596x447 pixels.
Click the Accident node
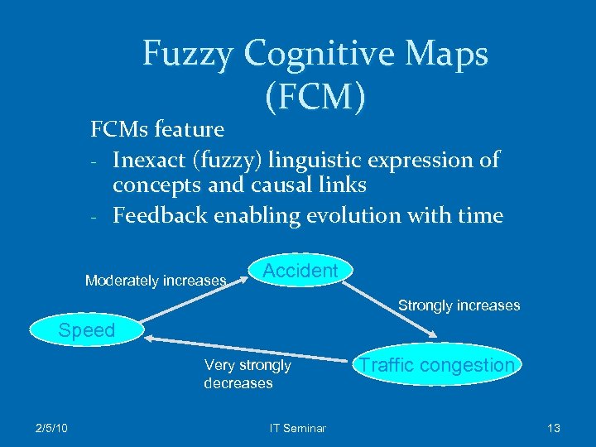pyautogui.click(x=300, y=271)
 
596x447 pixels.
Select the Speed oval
pyautogui.click(x=86, y=331)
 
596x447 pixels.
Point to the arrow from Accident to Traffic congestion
pyautogui.click(x=390, y=305)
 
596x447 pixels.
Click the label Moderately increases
pyautogui.click(x=156, y=281)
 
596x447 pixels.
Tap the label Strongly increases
pyautogui.click(x=459, y=305)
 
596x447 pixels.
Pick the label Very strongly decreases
pyautogui.click(x=247, y=374)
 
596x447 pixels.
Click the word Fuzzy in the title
pyautogui.click(x=188, y=54)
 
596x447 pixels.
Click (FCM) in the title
pyautogui.click(x=315, y=97)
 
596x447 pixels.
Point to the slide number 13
pyautogui.click(x=554, y=428)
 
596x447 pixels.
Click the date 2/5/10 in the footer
pyautogui.click(x=51, y=428)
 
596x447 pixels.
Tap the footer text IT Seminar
pyautogui.click(x=298, y=428)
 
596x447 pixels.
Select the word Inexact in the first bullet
pyautogui.click(x=151, y=159)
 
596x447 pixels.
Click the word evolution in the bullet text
pyautogui.click(x=341, y=216)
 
